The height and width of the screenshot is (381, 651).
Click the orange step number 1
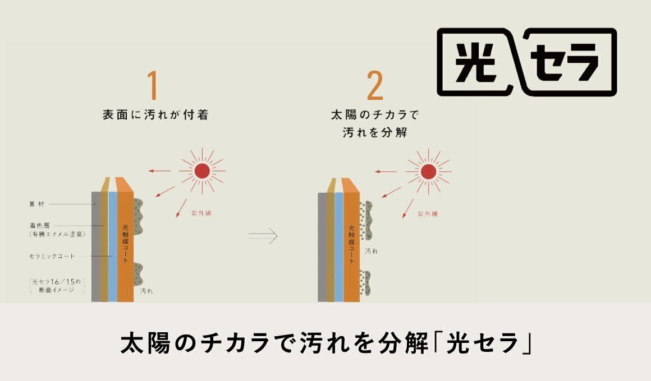153,85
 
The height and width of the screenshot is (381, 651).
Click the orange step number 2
375,85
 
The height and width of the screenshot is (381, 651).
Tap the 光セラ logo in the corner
527,62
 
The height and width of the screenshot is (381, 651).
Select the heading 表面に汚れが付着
155,115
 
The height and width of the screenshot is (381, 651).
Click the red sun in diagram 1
202,171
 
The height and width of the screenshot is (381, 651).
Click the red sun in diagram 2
428,171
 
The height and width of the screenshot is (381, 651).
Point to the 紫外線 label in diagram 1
201,213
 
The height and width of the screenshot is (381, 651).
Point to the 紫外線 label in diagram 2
428,214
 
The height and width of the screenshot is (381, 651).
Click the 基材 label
36,204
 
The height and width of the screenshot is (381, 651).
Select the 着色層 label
39,226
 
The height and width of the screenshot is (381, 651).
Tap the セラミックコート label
52,256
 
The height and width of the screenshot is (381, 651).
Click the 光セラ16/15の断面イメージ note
57,286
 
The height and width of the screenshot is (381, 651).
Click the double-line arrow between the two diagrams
263,236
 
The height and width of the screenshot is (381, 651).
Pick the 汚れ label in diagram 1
146,291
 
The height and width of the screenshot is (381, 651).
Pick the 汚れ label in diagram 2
371,251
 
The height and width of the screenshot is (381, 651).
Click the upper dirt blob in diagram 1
138,217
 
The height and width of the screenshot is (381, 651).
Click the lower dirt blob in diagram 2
365,282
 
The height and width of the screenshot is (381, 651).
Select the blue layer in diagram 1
112,247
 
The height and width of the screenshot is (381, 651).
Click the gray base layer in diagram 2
322,247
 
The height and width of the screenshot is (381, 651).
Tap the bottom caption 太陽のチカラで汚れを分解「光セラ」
326,342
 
